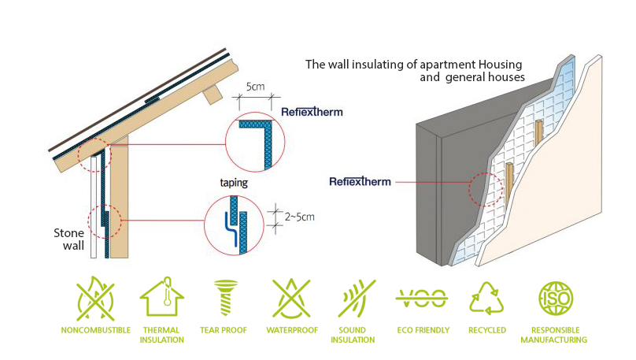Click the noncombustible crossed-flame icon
(x=96, y=299)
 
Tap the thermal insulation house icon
(x=162, y=297)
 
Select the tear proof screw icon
(x=226, y=298)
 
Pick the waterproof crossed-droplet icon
(x=291, y=299)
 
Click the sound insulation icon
(x=357, y=299)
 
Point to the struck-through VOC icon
(x=422, y=299)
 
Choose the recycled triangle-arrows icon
(x=486, y=299)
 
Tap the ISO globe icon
(x=556, y=299)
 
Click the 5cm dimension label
(x=255, y=87)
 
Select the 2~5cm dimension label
(x=299, y=217)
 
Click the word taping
(x=234, y=183)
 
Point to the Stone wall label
(x=69, y=239)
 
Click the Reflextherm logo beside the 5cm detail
(x=312, y=112)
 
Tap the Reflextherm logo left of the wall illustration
(x=361, y=181)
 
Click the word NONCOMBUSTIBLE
(x=96, y=330)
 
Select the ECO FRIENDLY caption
(x=423, y=330)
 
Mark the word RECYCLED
(x=487, y=330)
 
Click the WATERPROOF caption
(x=292, y=330)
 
